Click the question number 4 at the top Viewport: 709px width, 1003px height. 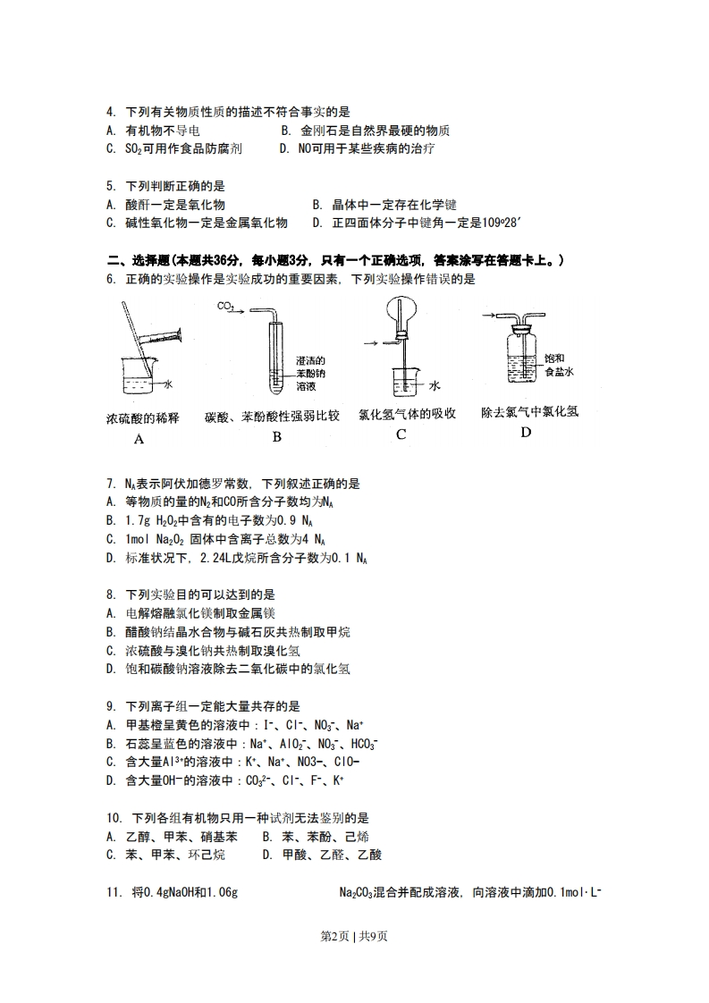click(111, 112)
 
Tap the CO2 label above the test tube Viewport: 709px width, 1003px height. click(225, 307)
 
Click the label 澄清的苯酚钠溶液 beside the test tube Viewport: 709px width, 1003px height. click(310, 373)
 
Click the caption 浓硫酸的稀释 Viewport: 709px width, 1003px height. click(142, 417)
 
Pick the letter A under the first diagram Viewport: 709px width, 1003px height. click(139, 438)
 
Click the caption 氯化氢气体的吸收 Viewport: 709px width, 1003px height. click(407, 413)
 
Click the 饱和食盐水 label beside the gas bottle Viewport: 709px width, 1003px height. click(557, 365)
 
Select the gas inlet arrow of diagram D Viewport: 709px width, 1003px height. click(488, 315)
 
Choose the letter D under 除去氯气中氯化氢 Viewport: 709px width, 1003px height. click(526, 433)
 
